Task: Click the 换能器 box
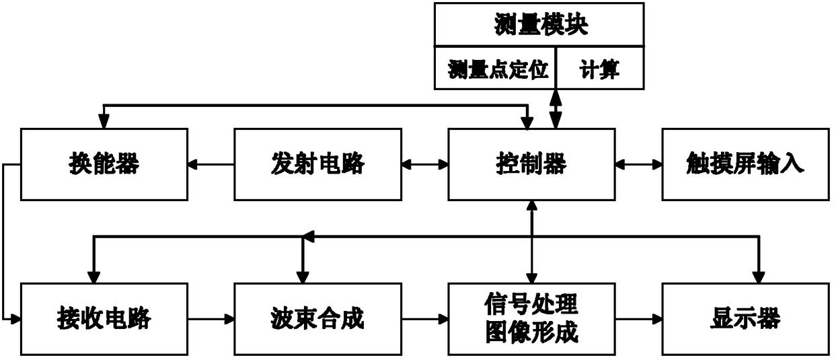(104, 164)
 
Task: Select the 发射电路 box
(318, 164)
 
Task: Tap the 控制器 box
(531, 164)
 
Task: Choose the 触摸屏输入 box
(745, 164)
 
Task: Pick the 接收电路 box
(104, 319)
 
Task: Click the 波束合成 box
(318, 319)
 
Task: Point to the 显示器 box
(745, 319)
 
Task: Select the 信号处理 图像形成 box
(531, 319)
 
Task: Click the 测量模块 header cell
(539, 25)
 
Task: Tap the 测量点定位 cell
(495, 68)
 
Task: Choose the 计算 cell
(600, 68)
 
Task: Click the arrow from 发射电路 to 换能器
(211, 164)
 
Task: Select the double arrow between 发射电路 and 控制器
(425, 164)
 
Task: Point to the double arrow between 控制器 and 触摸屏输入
(638, 164)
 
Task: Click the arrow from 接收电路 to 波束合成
(211, 319)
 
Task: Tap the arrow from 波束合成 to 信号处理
(425, 319)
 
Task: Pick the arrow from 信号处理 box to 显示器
(638, 319)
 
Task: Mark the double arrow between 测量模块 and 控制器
(556, 109)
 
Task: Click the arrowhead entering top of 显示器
(759, 277)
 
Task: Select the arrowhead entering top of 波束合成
(303, 277)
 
